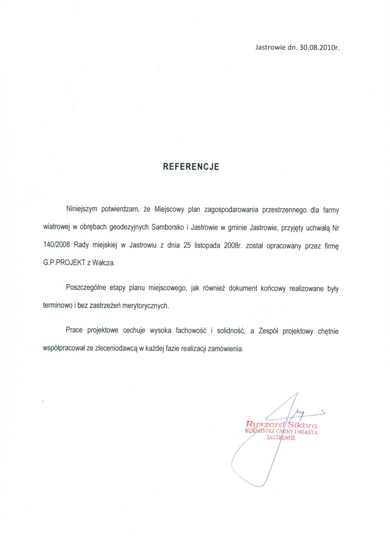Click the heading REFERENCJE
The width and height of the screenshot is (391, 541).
point(191,166)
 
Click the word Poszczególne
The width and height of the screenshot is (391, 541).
point(87,289)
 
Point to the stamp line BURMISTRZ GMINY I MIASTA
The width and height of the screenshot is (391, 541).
point(282,432)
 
